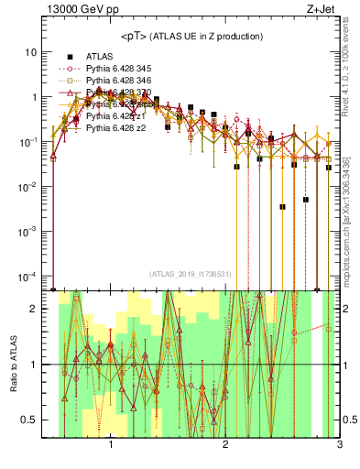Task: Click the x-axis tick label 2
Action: click(225, 448)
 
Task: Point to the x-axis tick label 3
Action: click(339, 448)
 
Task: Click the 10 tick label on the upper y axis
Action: click(34, 52)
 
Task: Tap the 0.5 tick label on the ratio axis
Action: click(31, 420)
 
